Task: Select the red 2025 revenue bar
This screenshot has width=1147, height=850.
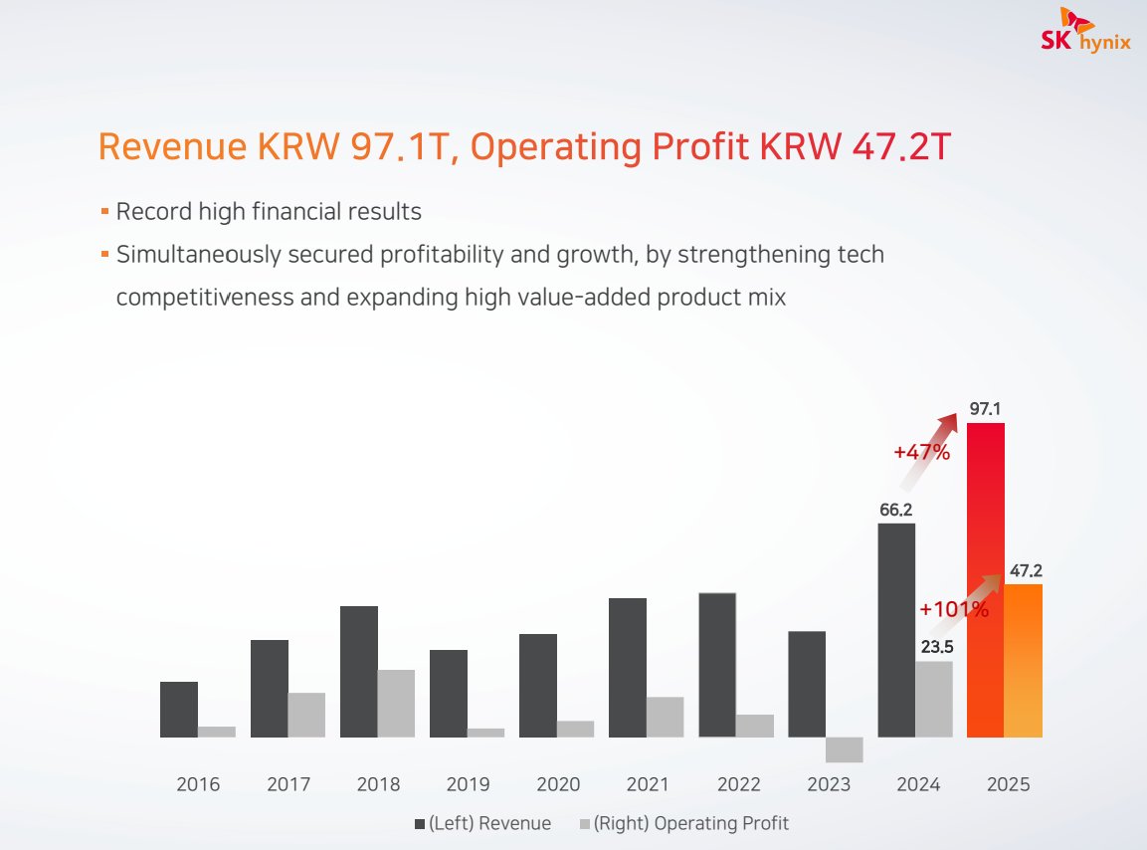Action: tap(986, 579)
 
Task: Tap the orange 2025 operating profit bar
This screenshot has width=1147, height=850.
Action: tap(1024, 660)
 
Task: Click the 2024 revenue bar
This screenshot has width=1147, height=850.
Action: tap(896, 630)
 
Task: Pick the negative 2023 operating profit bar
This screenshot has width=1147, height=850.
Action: tap(844, 749)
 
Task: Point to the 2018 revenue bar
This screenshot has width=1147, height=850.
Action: tap(359, 671)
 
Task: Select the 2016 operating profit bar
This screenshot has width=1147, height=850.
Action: tap(217, 732)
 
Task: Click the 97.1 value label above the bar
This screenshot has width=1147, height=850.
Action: tap(985, 409)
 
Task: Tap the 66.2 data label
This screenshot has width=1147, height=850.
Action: tap(895, 510)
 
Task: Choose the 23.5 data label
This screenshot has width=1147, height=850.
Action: tap(934, 646)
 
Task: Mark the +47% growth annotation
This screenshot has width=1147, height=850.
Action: tap(921, 452)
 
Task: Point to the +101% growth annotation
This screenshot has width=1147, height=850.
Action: tap(954, 609)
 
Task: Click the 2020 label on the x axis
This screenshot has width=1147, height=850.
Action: tap(557, 784)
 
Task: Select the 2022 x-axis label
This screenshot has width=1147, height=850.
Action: tap(738, 784)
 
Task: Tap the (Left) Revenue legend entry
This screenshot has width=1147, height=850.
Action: tap(482, 823)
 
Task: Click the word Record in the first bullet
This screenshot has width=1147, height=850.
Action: tap(149, 211)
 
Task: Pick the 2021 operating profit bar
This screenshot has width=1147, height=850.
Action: tap(665, 717)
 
